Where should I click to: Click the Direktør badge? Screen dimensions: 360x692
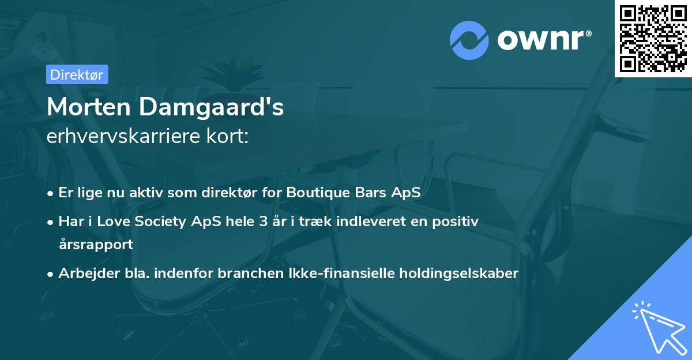tap(77, 74)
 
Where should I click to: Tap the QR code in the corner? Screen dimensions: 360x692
tap(653, 38)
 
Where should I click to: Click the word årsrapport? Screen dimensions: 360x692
tap(96, 244)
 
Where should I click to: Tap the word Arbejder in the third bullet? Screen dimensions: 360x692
tap(84, 273)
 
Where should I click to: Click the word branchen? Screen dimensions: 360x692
tap(245, 273)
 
